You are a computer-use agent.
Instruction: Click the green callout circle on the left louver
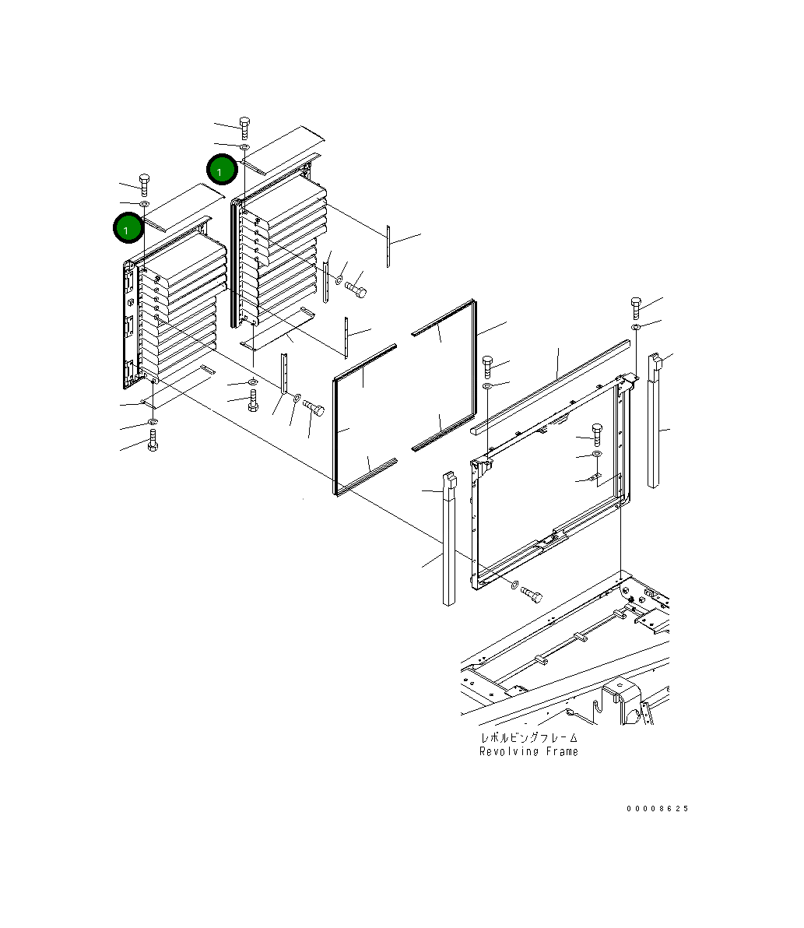pos(128,228)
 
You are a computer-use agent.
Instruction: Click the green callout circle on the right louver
pos(222,170)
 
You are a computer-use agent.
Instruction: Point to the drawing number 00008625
pos(657,808)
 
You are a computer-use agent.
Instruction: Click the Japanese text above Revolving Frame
pos(528,738)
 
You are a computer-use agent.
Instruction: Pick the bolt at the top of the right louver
pos(244,128)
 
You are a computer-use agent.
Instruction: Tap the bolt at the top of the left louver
pos(144,185)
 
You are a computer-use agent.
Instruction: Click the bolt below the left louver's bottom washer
pos(153,441)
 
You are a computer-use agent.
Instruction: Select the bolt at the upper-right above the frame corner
pos(636,308)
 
